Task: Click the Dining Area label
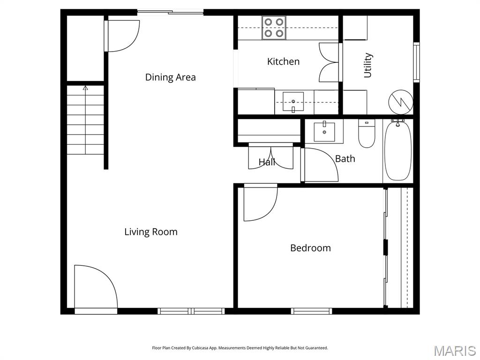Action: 170,77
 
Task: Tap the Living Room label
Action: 151,232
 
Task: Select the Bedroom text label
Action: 310,247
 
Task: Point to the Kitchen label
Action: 283,61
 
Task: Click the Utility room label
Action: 367,65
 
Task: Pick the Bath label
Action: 345,158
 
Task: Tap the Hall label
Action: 267,162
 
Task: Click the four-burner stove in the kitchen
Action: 274,28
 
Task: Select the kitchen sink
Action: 293,102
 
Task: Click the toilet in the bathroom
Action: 367,134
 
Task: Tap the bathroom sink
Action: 324,132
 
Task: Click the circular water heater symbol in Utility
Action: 401,102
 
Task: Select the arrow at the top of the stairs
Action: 85,88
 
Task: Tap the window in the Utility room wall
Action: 416,62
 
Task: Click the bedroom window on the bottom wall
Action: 311,311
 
